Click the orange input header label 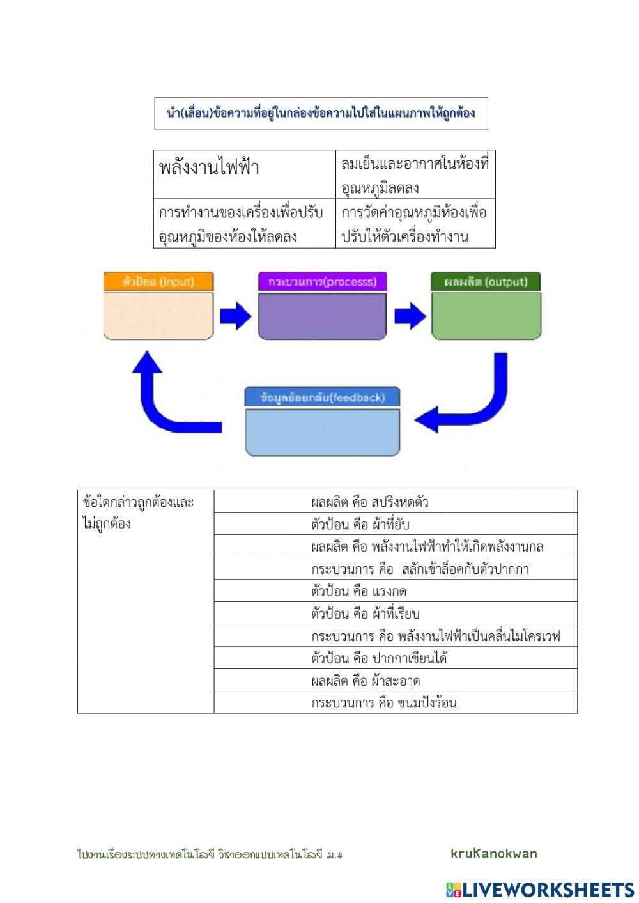pos(158,282)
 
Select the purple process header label pos(322,282)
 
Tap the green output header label pos(486,282)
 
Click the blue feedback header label pos(322,397)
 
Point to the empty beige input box pos(158,316)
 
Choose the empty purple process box pos(322,316)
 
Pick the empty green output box pos(486,316)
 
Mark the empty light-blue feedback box pos(322,432)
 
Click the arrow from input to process pos(236,316)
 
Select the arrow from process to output pos(410,316)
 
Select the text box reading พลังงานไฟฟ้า pos(244,174)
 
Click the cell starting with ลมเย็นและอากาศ pos(415,174)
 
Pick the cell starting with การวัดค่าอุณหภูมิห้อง pos(415,224)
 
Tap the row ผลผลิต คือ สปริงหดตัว pos(395,502)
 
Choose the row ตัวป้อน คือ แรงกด pos(395,591)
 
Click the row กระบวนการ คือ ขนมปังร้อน pos(395,703)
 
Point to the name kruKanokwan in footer pos(494,853)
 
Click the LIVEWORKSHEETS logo pos(540,890)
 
